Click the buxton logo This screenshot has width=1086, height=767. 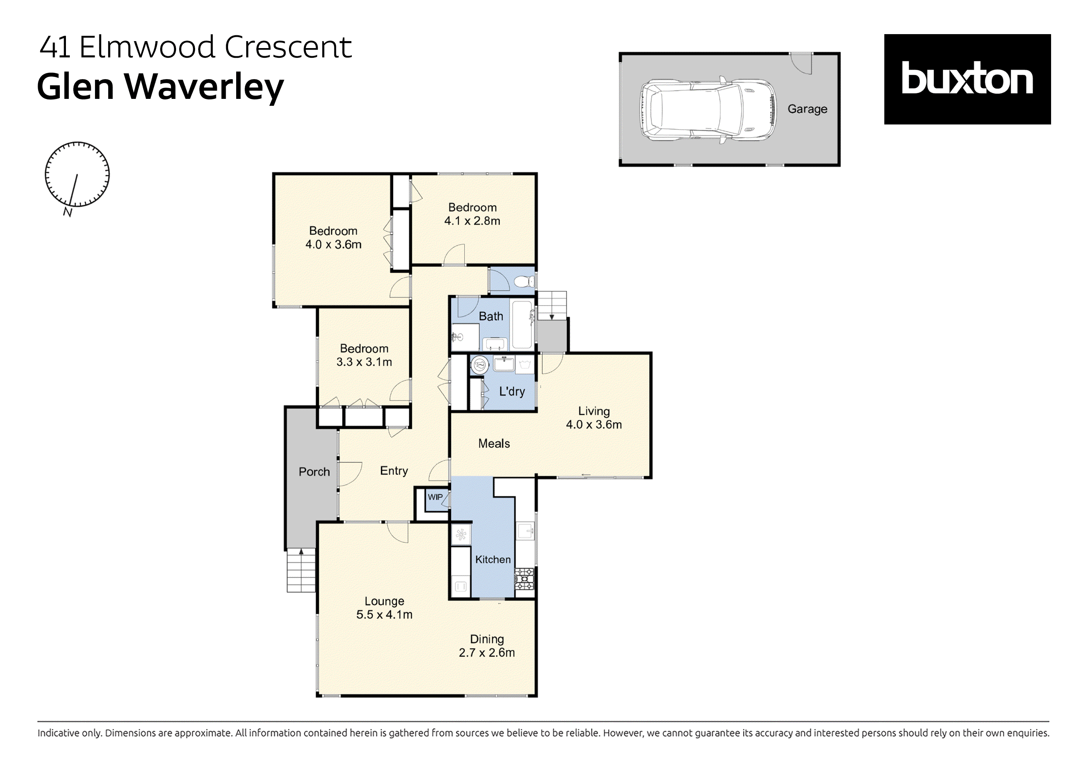coord(967,79)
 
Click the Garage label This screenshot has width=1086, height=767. coord(807,109)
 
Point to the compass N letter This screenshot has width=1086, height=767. coord(67,212)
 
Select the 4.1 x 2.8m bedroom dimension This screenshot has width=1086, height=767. coord(472,221)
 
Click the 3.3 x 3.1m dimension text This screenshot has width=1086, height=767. coord(364,362)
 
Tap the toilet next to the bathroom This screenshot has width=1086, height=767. coord(523,282)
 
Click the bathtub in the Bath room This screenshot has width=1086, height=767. coord(522,325)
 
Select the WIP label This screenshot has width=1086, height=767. coord(435,497)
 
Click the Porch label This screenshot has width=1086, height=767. coord(314,472)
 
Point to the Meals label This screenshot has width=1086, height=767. coord(494,444)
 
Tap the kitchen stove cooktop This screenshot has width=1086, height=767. coord(524,579)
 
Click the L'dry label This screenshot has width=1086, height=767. coord(512,392)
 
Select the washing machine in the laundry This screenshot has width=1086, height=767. coord(479,365)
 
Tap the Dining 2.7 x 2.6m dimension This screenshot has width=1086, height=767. coord(487,653)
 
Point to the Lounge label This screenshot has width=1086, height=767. coord(384,601)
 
